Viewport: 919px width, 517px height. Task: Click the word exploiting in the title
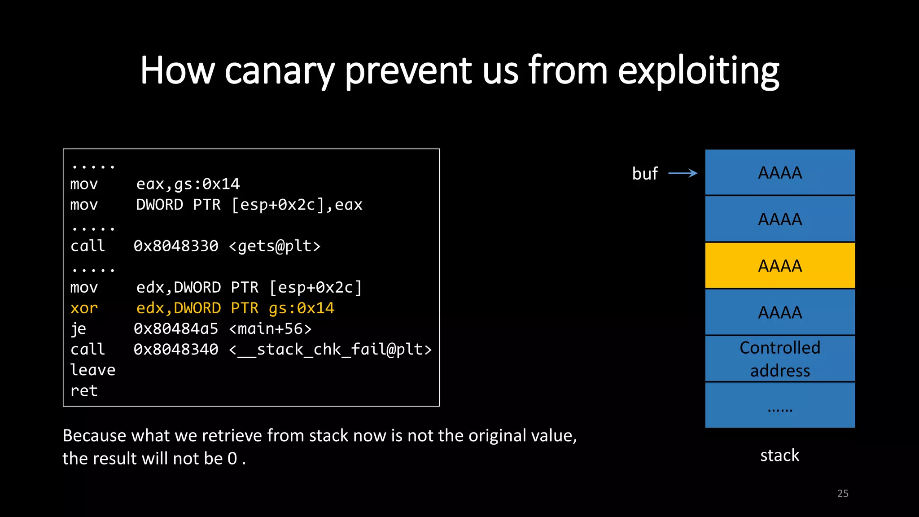[x=698, y=71]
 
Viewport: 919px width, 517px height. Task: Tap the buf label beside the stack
[x=645, y=174]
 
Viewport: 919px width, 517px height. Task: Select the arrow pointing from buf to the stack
[x=683, y=173]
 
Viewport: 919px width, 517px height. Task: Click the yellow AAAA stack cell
[x=780, y=266]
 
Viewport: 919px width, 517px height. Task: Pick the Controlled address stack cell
[x=780, y=359]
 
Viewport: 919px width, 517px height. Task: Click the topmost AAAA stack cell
[x=780, y=173]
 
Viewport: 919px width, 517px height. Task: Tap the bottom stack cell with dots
[x=780, y=405]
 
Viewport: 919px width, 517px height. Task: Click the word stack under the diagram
[x=779, y=456]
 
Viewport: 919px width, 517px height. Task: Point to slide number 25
[x=843, y=494]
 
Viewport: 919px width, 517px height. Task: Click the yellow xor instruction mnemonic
[x=84, y=308]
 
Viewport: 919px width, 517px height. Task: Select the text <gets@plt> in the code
[x=275, y=246]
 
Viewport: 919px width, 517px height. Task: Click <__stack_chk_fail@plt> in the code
[x=330, y=350]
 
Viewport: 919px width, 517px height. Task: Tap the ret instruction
[x=84, y=391]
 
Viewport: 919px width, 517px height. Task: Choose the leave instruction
[x=93, y=370]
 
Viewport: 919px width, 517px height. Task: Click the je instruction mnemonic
[x=79, y=329]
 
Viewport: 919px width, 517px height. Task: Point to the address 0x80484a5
[x=176, y=329]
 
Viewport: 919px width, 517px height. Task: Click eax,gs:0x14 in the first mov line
[x=188, y=184]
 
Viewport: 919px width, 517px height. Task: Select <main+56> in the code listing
[x=270, y=329]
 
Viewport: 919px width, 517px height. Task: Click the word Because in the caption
[x=94, y=436]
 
